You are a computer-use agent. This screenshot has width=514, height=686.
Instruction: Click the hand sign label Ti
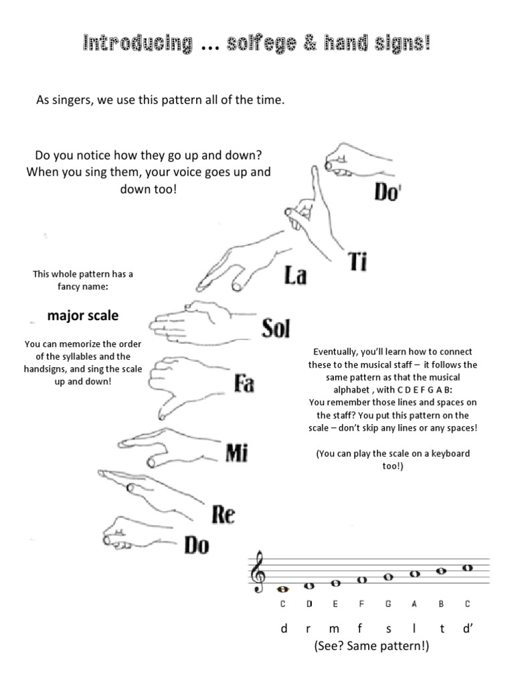pyautogui.click(x=357, y=262)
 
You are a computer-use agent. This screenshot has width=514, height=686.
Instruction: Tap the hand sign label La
pyautogui.click(x=294, y=275)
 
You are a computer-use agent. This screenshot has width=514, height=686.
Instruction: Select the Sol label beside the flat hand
pyautogui.click(x=276, y=329)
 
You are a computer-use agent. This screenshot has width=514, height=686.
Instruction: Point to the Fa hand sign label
pyautogui.click(x=244, y=384)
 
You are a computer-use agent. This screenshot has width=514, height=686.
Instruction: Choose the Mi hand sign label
pyautogui.click(x=237, y=454)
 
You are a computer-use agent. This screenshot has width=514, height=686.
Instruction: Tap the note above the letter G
pyautogui.click(x=388, y=577)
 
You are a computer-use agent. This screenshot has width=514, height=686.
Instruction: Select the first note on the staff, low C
pyautogui.click(x=283, y=590)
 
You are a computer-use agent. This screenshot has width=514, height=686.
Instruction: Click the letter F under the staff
pyautogui.click(x=361, y=604)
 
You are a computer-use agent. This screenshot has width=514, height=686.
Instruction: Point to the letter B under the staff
pyautogui.click(x=441, y=604)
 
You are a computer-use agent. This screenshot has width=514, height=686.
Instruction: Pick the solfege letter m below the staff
pyautogui.click(x=335, y=629)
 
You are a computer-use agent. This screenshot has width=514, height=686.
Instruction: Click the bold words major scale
pyautogui.click(x=83, y=314)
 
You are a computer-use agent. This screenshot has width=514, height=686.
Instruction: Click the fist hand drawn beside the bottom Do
pyautogui.click(x=120, y=532)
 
